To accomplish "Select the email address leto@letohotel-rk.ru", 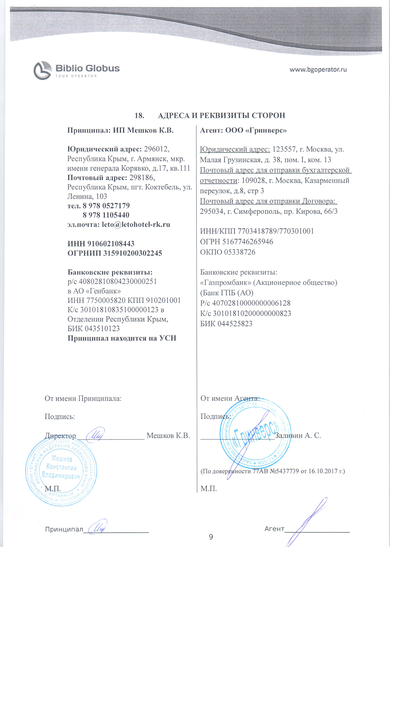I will (136, 224).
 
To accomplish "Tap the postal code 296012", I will (157, 149).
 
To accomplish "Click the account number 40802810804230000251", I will (118, 281).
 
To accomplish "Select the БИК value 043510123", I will (102, 328).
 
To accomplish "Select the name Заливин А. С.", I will (298, 435).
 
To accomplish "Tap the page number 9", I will (211, 537).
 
